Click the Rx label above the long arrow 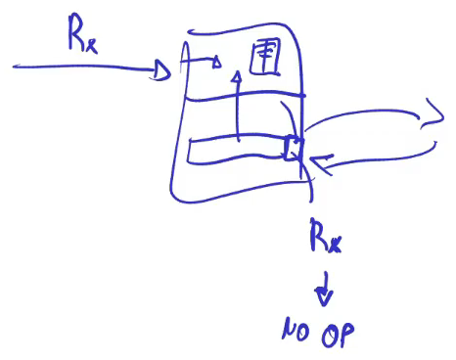coord(82,33)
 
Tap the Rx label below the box coord(325,236)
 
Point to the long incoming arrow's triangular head coord(161,69)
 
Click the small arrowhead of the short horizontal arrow coord(216,62)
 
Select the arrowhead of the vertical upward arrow coord(238,77)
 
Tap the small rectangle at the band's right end coord(293,149)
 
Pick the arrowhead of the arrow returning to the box coord(320,163)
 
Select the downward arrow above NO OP coord(324,289)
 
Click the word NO coord(296,330)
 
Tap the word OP coord(338,335)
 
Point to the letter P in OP coord(346,335)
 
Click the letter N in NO coord(289,329)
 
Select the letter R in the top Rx coord(76,31)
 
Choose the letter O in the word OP coord(330,336)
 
